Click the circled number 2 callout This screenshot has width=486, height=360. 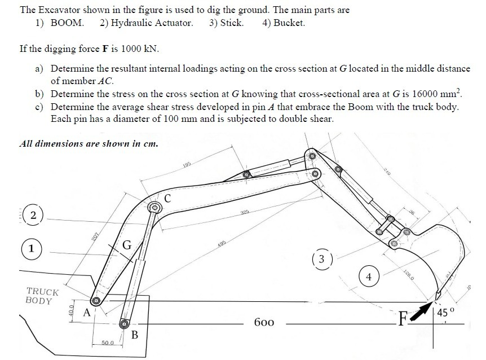33,216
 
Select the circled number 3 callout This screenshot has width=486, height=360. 321,260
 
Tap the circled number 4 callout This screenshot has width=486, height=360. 368,277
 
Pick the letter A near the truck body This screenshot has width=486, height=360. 87,312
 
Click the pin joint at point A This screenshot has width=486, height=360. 96,301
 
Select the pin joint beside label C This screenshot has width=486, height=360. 153,209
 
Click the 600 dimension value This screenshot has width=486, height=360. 264,323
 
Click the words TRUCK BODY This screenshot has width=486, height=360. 42,296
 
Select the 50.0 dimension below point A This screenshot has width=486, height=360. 108,343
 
